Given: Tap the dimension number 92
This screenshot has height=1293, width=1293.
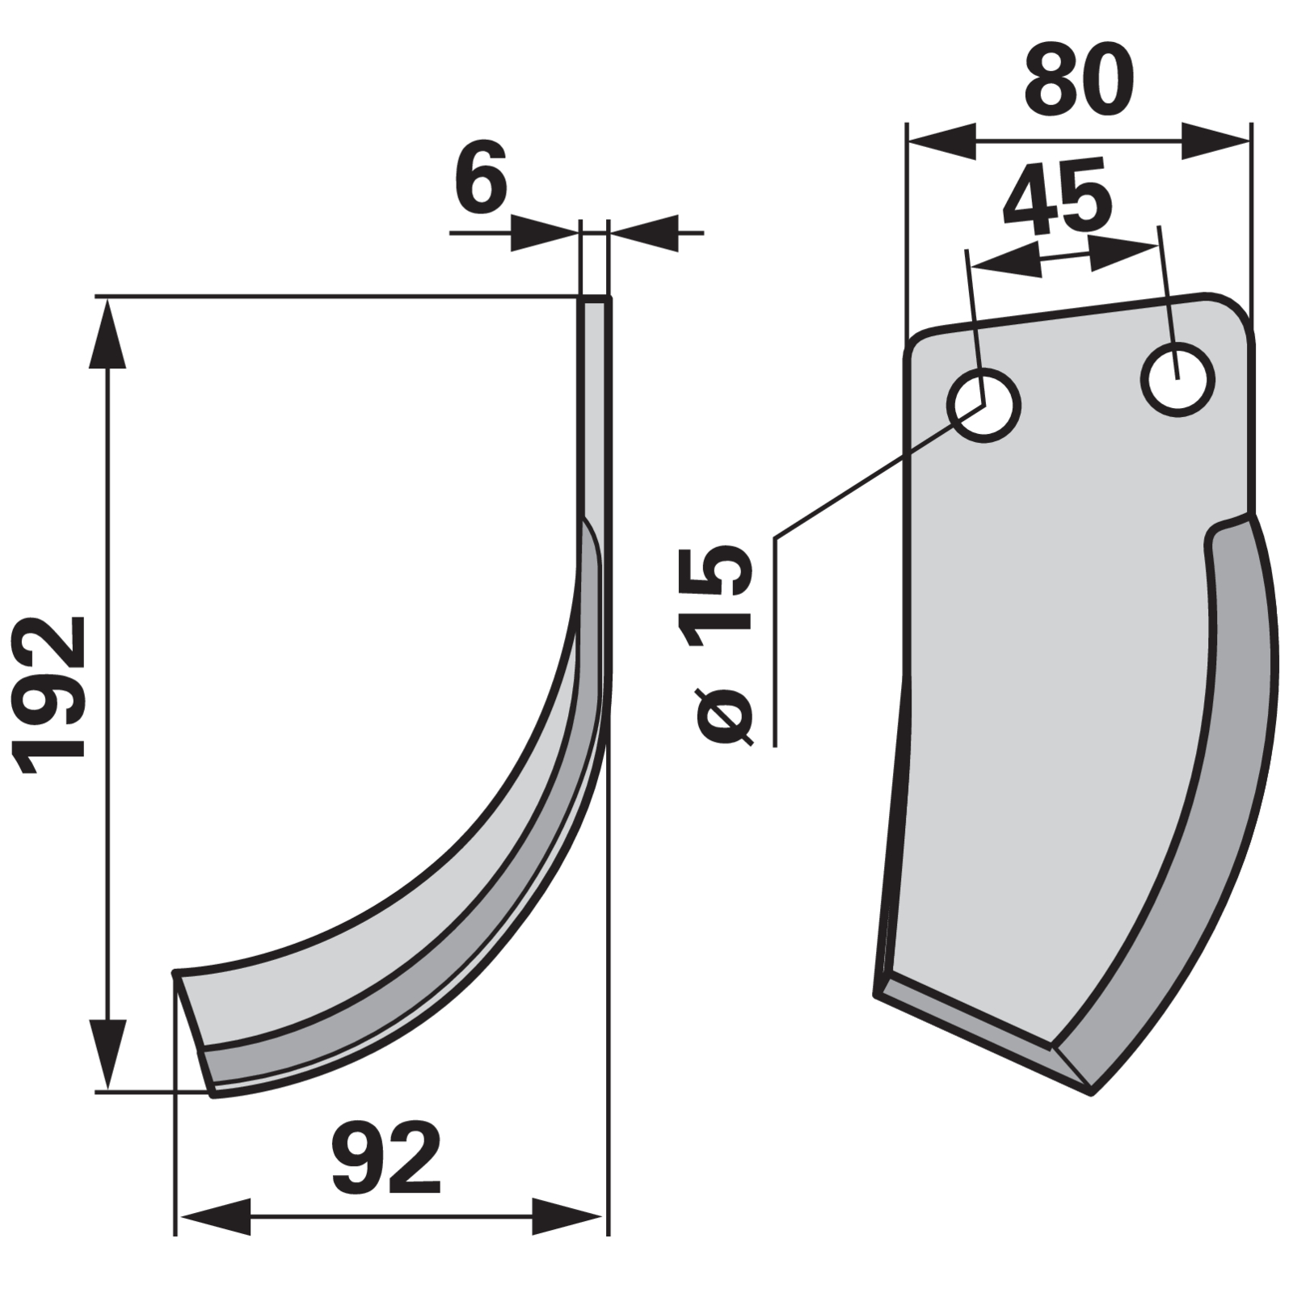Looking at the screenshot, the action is [x=386, y=1158].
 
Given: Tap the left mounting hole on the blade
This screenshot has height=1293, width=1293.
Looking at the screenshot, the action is [x=983, y=404].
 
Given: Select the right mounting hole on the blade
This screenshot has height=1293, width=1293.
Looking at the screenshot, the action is [x=1178, y=379].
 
